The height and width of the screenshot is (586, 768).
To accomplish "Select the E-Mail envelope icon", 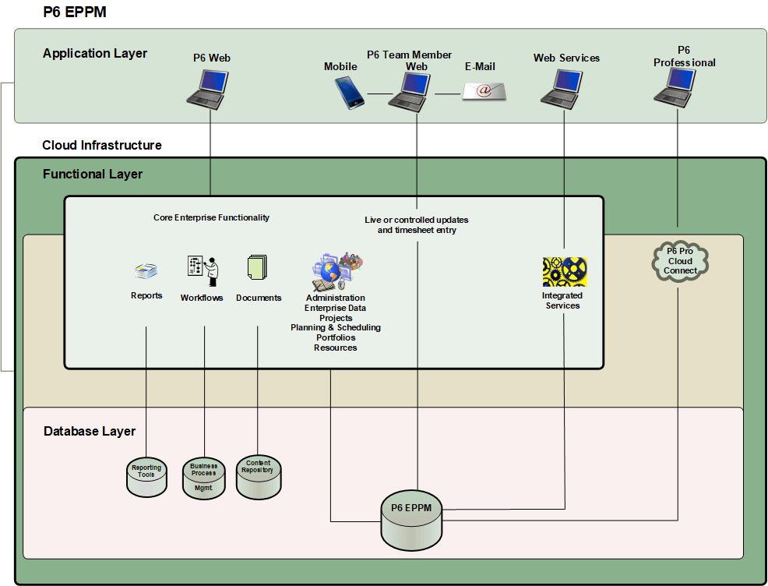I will (484, 91).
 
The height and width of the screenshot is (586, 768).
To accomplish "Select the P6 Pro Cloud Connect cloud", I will (680, 261).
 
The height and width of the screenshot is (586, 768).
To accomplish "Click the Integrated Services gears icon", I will (564, 272).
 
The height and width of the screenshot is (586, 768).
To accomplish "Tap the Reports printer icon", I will (146, 272).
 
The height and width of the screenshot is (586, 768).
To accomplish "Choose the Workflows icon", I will (203, 270).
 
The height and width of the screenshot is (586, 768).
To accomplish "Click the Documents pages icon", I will (257, 269).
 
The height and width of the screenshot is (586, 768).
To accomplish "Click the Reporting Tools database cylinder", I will (146, 478).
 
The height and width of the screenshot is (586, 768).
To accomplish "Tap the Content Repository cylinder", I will (258, 477).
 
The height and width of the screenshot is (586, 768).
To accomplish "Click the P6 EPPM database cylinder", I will (412, 521).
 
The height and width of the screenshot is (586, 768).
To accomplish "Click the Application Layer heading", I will (95, 54).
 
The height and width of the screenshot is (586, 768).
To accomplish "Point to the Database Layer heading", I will (90, 431).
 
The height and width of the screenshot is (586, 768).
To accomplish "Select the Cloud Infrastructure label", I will (102, 146).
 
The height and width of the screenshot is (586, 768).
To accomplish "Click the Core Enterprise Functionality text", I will (211, 217).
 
